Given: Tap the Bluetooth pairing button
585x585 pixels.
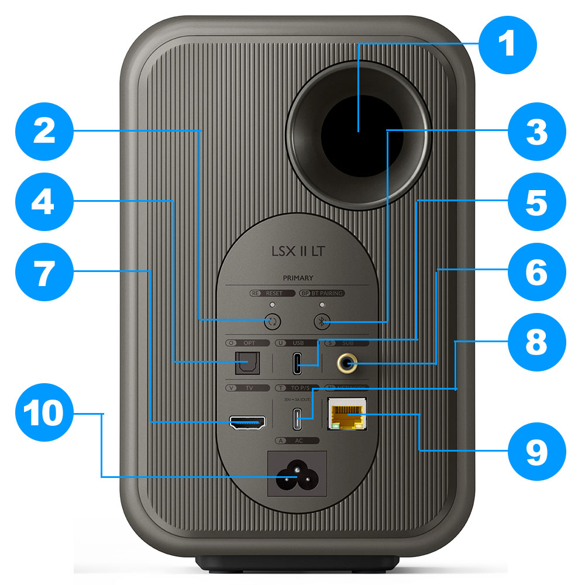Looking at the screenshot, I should coord(321,321).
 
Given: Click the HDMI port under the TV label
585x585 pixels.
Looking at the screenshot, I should coord(247,422).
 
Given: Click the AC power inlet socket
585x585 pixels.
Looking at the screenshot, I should coord(297,474).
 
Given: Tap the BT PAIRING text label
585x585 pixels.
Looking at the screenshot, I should coord(326,293).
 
